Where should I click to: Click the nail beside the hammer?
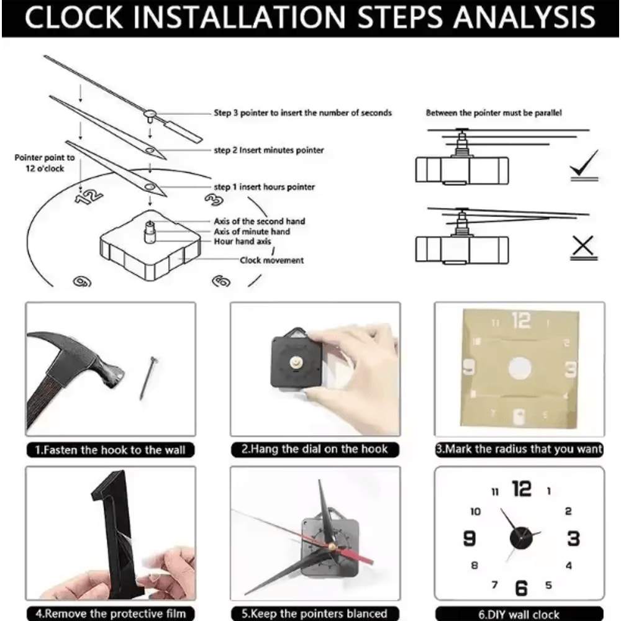pyautogui.click(x=147, y=376)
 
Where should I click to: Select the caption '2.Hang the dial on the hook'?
pyautogui.click(x=314, y=449)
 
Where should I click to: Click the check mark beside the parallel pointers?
pyautogui.click(x=584, y=166)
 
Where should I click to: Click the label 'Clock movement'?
pyautogui.click(x=271, y=260)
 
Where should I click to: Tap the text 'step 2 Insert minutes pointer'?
pyautogui.click(x=268, y=150)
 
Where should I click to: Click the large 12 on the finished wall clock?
pyautogui.click(x=521, y=489)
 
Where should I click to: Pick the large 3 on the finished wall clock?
pyautogui.click(x=573, y=538)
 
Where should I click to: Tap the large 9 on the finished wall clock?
pyautogui.click(x=469, y=538)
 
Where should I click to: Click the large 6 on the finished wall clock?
pyautogui.click(x=521, y=586)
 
